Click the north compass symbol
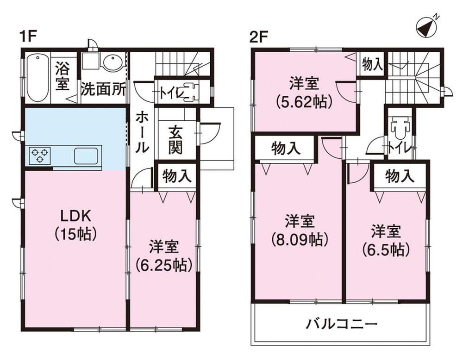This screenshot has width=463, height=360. [x=426, y=28]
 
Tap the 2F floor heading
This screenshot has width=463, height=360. [x=258, y=37]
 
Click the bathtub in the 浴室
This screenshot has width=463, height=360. [x=38, y=78]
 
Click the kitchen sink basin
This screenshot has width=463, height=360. [x=86, y=156]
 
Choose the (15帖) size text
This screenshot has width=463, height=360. [x=76, y=234]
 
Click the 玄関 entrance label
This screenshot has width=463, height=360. [x=175, y=140]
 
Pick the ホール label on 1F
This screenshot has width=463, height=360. [x=142, y=133]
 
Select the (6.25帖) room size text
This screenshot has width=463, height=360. [x=163, y=265]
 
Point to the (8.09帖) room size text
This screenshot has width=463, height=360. [x=300, y=239]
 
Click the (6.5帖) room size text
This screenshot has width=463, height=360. [x=386, y=249]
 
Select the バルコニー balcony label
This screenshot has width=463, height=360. [x=342, y=325]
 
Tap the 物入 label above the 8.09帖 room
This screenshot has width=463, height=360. [x=286, y=149]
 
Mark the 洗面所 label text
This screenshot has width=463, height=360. [x=104, y=89]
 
